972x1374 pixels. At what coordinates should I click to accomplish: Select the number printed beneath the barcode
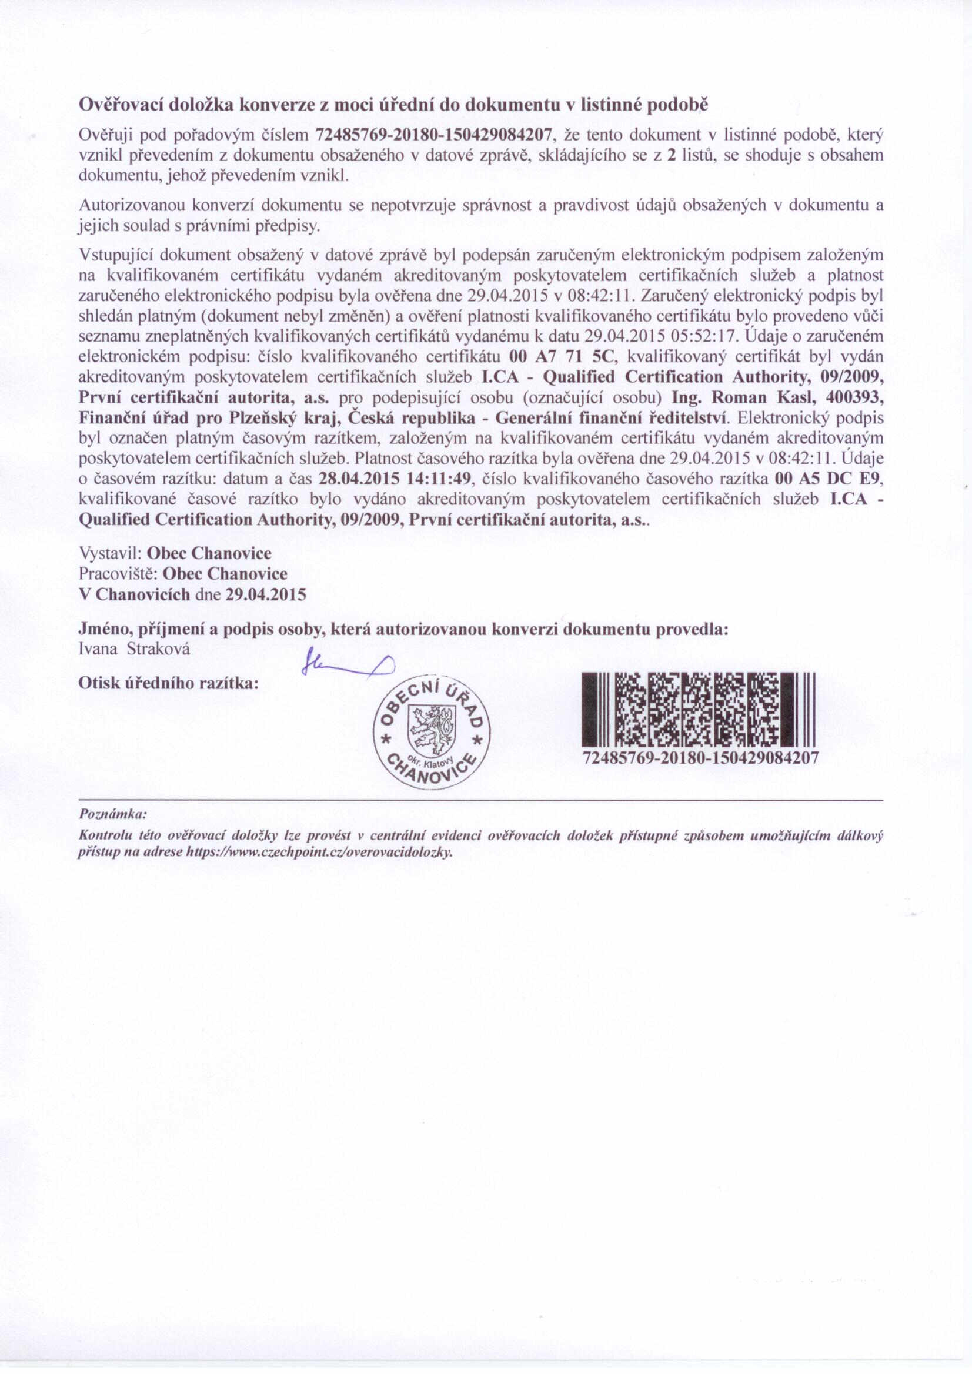click(x=700, y=759)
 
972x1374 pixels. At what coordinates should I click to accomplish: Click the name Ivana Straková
click(x=135, y=649)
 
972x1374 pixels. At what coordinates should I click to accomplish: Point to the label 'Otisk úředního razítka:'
click(x=168, y=683)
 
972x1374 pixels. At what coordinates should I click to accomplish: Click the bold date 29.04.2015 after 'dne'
click(x=266, y=594)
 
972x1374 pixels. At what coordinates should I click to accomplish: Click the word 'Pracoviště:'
click(x=118, y=573)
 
